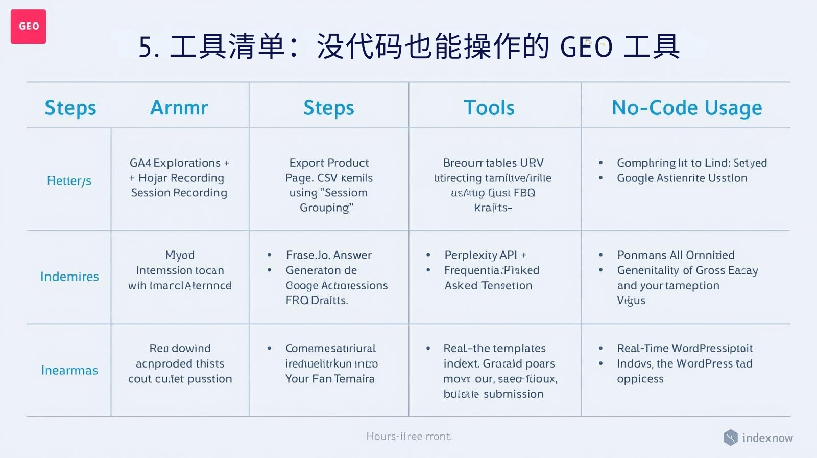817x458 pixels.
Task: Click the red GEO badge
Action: coord(28,27)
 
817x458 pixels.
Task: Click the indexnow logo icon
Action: coord(730,438)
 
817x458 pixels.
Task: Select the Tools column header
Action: coord(489,108)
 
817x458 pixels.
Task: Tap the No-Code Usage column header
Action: coord(686,108)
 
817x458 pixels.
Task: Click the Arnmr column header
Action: coord(179,108)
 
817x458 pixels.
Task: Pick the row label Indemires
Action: coord(69,277)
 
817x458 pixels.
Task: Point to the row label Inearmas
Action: coord(69,370)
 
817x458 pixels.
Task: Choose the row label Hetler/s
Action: coord(69,180)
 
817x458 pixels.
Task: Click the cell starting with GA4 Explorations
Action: coord(179,177)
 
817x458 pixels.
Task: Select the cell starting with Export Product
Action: coord(328,185)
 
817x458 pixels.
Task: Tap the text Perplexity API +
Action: coord(485,255)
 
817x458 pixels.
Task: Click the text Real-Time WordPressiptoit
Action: coord(684,348)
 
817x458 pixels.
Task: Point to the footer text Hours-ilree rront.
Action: coord(408,437)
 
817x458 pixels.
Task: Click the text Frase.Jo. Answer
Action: coord(328,255)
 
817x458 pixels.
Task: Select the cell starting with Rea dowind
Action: coord(180,363)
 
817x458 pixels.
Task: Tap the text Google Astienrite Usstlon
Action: coord(682,178)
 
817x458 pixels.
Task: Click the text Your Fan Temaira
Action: coord(330,379)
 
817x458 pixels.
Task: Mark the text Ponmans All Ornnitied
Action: coord(676,255)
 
